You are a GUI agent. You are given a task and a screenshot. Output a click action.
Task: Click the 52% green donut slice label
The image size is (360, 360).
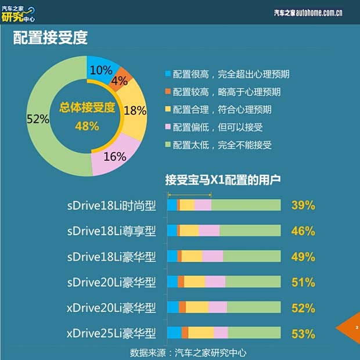[x=38, y=119]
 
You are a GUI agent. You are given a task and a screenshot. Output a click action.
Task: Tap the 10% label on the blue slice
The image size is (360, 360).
[x=101, y=70]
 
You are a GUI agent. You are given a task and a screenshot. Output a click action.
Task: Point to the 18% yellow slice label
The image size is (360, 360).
[x=135, y=110]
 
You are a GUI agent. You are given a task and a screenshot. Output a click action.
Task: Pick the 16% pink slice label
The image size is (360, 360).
[x=114, y=156]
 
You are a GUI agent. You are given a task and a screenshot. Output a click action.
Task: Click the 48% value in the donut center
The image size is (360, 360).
[x=87, y=126]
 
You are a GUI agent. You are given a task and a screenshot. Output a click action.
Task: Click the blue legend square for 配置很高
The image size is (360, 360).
[x=168, y=74]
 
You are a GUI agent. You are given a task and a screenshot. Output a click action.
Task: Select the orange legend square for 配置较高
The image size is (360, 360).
[x=168, y=92]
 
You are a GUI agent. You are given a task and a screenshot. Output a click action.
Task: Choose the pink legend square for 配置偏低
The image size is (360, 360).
[x=168, y=127]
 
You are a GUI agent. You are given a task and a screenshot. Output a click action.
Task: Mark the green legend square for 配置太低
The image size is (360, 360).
[x=168, y=145]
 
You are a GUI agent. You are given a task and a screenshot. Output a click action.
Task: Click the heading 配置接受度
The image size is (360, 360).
[x=51, y=38]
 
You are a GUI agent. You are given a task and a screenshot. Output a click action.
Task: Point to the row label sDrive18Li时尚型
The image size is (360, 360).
[x=111, y=205]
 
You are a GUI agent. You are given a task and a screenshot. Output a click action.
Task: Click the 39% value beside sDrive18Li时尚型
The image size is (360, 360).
[x=303, y=205]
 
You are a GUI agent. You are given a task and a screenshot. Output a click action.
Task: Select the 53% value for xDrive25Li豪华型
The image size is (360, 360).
[x=303, y=333]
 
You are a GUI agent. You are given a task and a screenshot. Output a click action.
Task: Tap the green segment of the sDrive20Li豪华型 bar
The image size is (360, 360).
[x=253, y=282]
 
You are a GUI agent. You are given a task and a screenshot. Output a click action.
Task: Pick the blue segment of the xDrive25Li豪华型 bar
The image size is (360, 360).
[x=174, y=333]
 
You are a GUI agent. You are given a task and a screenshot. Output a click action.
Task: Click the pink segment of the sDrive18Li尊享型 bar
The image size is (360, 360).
[x=209, y=231]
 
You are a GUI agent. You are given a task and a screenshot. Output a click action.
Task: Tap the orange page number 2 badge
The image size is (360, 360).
[x=355, y=328]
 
